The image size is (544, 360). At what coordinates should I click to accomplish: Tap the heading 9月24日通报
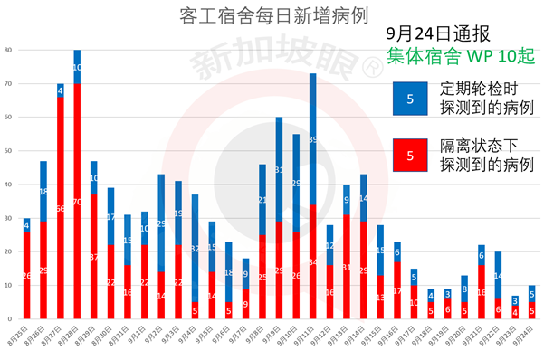[x=438, y=33]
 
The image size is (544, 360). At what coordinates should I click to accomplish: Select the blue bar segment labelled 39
[x=312, y=139]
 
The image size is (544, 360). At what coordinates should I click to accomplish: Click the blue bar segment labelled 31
[x=279, y=169]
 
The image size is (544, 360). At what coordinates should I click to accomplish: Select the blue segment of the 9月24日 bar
[x=532, y=294]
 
